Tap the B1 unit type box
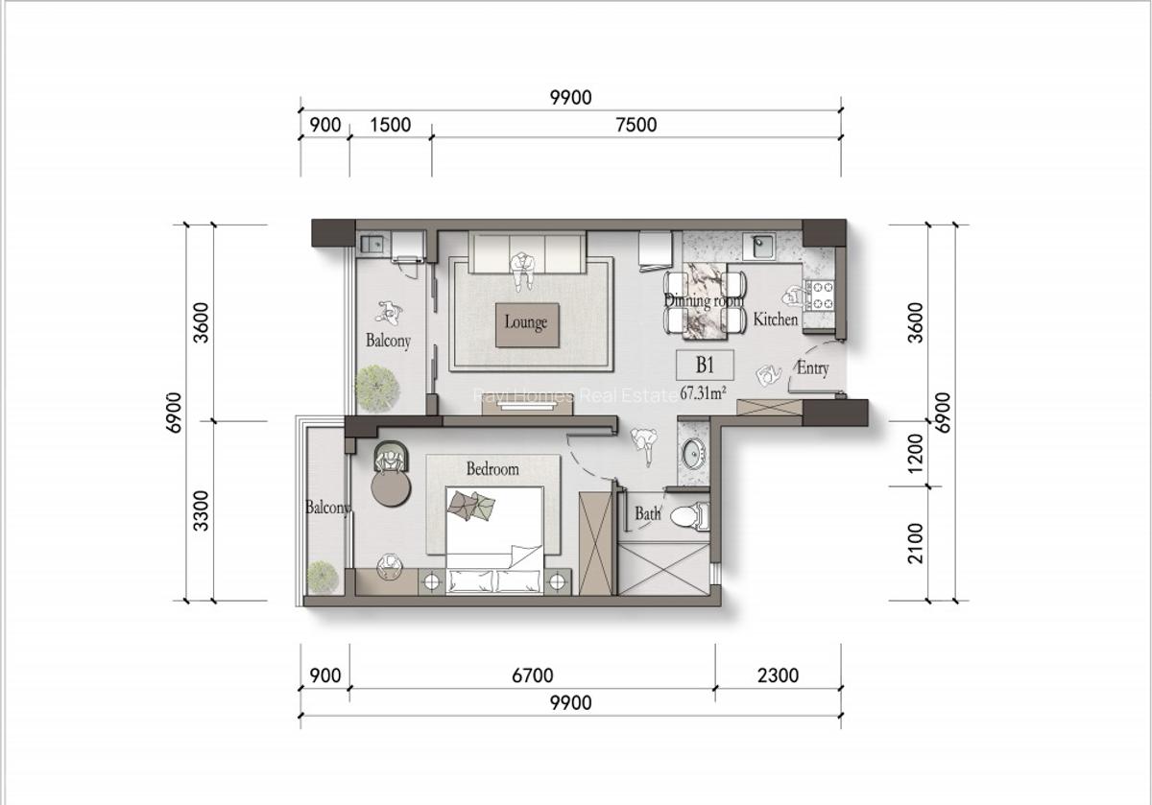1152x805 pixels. [706, 366]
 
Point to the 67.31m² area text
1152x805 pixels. [703, 392]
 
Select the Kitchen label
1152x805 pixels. [775, 320]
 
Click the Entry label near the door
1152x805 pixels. [812, 368]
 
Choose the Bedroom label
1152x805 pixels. [492, 469]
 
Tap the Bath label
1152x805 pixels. [647, 514]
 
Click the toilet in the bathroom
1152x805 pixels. [687, 516]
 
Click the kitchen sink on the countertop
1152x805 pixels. [763, 245]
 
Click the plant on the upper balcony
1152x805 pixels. [376, 386]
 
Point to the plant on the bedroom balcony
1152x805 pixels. [322, 576]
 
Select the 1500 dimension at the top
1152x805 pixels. [390, 125]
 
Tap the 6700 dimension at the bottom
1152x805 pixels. [532, 675]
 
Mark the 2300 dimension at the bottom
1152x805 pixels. [778, 675]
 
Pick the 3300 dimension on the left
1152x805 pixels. [201, 509]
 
